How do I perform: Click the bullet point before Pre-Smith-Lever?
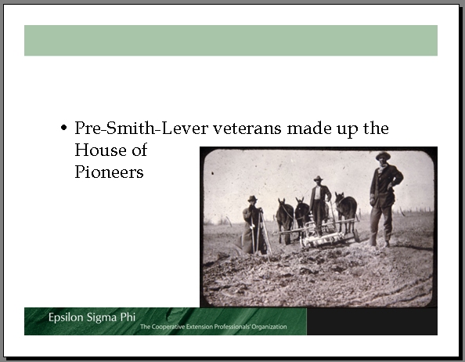pyautogui.click(x=63, y=128)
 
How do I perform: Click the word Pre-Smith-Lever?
pyautogui.click(x=141, y=128)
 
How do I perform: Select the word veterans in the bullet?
pyautogui.click(x=247, y=129)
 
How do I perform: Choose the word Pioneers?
pyautogui.click(x=109, y=172)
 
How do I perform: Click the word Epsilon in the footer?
pyautogui.click(x=66, y=317)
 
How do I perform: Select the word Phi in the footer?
pyautogui.click(x=128, y=317)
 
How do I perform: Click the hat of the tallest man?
pyautogui.click(x=383, y=155)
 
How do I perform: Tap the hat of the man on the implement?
pyautogui.click(x=318, y=178)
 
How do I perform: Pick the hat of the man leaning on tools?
pyautogui.click(x=252, y=198)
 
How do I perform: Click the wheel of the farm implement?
pyautogui.click(x=356, y=235)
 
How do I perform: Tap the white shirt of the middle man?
pyautogui.click(x=318, y=193)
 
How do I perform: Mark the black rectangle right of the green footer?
pyautogui.click(x=372, y=321)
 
